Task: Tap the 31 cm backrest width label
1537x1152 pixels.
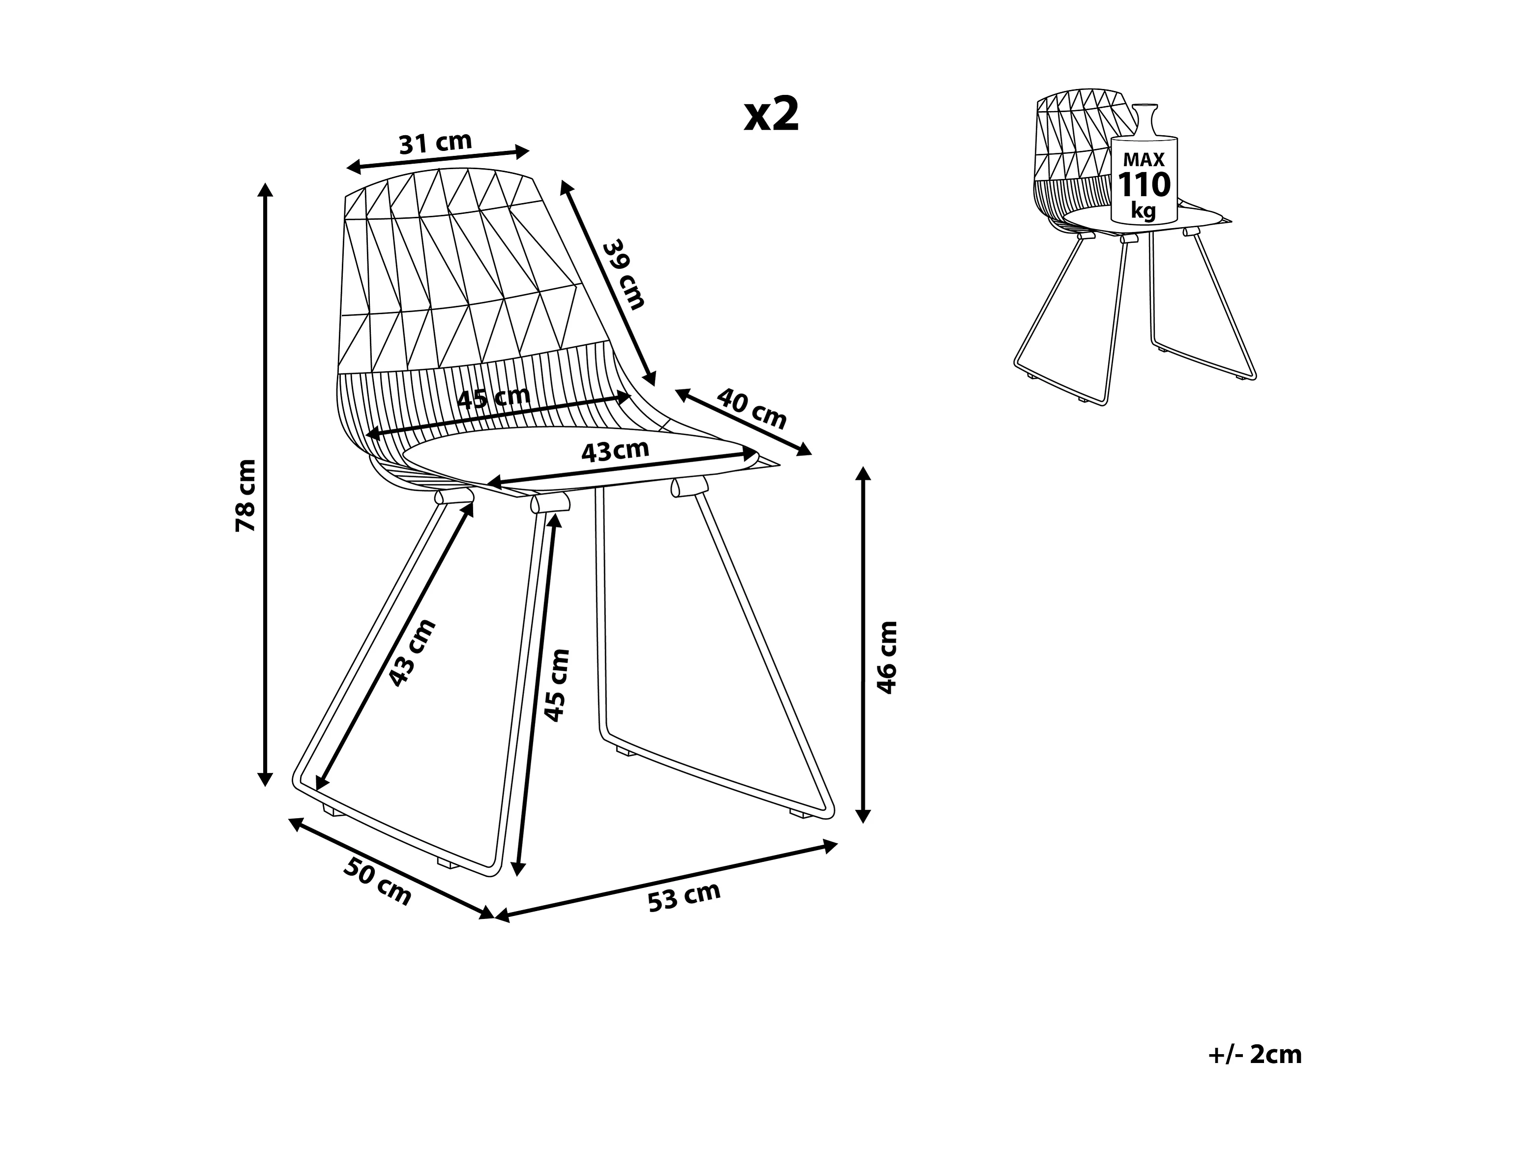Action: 435,143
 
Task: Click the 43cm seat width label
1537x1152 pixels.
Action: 615,451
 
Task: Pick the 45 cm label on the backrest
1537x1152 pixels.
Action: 494,399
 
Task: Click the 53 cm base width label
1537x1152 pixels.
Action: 685,896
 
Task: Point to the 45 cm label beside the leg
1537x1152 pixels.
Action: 557,685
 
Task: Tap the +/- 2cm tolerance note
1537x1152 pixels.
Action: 1255,1054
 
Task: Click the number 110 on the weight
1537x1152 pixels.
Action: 1144,185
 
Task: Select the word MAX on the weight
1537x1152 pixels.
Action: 1144,160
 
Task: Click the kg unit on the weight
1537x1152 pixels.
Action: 1143,210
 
